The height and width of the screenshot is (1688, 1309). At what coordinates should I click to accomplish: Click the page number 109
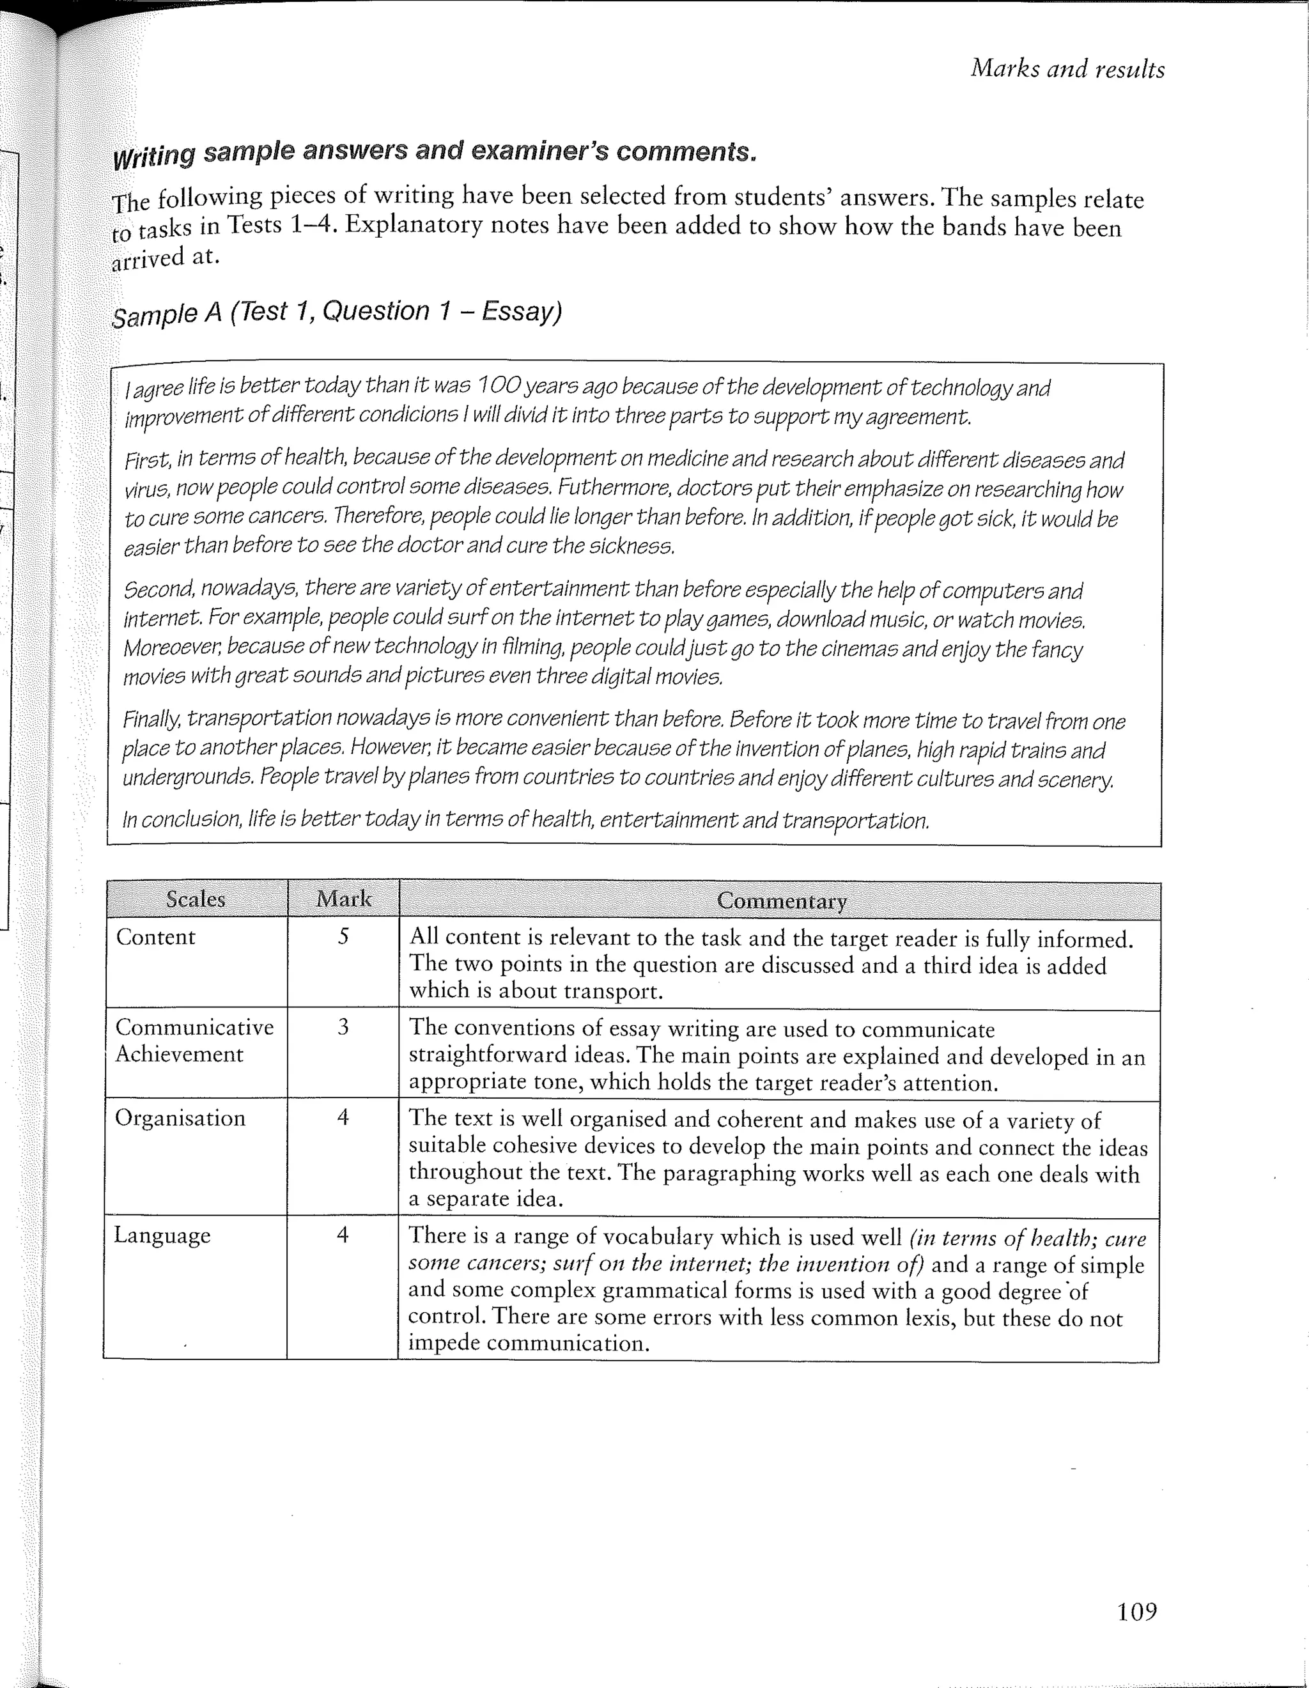click(1136, 1612)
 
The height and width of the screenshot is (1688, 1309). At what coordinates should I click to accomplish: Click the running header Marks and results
click(1067, 69)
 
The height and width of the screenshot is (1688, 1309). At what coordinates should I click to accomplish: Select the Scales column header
click(196, 899)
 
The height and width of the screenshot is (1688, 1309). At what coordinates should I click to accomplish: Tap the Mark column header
click(344, 899)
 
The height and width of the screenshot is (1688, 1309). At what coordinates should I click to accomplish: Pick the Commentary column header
click(781, 901)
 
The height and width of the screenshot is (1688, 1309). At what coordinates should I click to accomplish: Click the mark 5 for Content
click(343, 937)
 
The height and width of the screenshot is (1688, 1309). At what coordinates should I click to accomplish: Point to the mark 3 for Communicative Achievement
click(343, 1027)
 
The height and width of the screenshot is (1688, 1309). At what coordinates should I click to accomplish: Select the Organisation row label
click(180, 1118)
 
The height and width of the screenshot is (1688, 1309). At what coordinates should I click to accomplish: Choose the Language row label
click(162, 1235)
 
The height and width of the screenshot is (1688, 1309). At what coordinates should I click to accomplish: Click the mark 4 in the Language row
click(343, 1235)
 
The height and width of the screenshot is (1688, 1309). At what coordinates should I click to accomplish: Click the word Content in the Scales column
click(155, 937)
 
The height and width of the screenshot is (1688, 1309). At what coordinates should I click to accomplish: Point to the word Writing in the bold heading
click(154, 156)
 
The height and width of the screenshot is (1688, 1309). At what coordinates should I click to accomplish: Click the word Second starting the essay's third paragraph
click(159, 590)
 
